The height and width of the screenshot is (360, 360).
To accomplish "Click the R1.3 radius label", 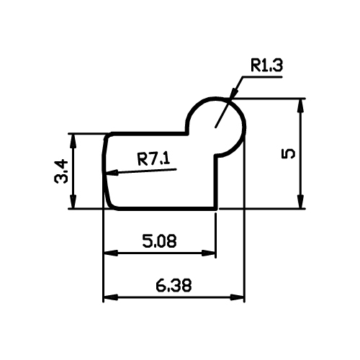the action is (x=266, y=66).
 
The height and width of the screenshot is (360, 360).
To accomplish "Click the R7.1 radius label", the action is (x=153, y=159).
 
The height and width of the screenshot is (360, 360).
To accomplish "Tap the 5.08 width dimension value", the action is (x=159, y=241).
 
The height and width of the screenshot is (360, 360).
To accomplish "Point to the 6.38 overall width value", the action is (x=174, y=285).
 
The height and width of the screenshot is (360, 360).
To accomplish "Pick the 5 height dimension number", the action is (x=288, y=153).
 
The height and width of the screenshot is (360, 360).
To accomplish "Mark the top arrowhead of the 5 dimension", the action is (x=300, y=106).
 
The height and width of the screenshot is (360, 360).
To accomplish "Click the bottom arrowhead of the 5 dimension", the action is (x=300, y=202).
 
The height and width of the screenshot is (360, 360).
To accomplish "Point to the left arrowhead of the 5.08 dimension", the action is (x=111, y=253).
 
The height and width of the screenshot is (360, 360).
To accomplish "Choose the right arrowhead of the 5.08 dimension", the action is (x=208, y=253).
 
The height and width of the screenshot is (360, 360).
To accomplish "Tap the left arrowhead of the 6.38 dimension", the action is (x=111, y=297).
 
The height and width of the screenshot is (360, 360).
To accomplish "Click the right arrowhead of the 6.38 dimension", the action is (x=237, y=297).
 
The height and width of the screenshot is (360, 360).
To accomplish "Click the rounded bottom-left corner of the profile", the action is (x=111, y=204).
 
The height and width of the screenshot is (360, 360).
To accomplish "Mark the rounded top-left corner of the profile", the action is (x=107, y=136).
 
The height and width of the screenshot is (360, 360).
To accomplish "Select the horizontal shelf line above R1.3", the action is (x=263, y=77).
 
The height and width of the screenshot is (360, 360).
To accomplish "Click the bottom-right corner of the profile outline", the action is (x=216, y=209).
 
